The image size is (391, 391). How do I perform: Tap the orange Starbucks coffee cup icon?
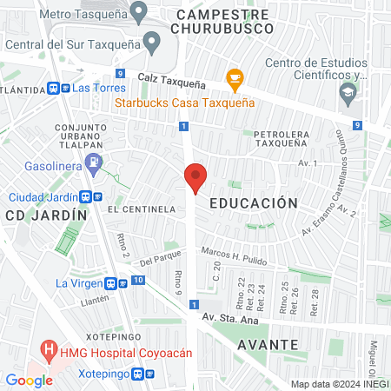[234, 79]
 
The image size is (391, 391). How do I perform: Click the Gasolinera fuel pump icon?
[96, 162]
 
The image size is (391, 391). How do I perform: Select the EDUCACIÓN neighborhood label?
[254, 202]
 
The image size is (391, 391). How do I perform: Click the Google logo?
[30, 380]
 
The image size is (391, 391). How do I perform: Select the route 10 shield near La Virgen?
[139, 280]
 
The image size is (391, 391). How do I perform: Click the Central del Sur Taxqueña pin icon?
[152, 40]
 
